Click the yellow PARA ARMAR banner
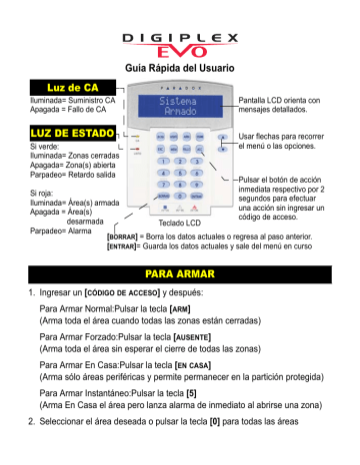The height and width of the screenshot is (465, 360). [179, 271]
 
